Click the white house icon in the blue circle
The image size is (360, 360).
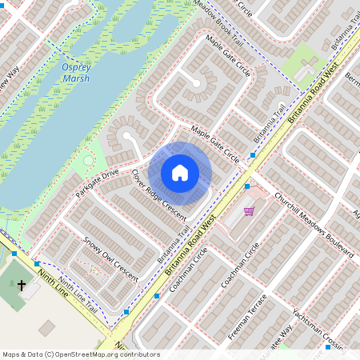pyautogui.click(x=180, y=173)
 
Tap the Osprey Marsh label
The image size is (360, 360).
pyautogui.click(x=76, y=74)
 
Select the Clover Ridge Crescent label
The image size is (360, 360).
pyautogui.click(x=158, y=195)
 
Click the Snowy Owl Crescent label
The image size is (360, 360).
pyautogui.click(x=110, y=260)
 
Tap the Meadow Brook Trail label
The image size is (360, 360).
pyautogui.click(x=218, y=22)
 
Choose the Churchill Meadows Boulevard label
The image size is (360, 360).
pyautogui.click(x=314, y=222)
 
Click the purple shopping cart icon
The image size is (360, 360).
pyautogui.click(x=250, y=211)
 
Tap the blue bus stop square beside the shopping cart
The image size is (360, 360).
pyautogui.click(x=247, y=186)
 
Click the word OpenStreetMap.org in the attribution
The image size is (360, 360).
pyautogui.click(x=78, y=354)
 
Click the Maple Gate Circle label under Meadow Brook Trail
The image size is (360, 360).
pyautogui.click(x=227, y=55)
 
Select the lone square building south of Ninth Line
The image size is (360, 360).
pyautogui.click(x=46, y=328)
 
